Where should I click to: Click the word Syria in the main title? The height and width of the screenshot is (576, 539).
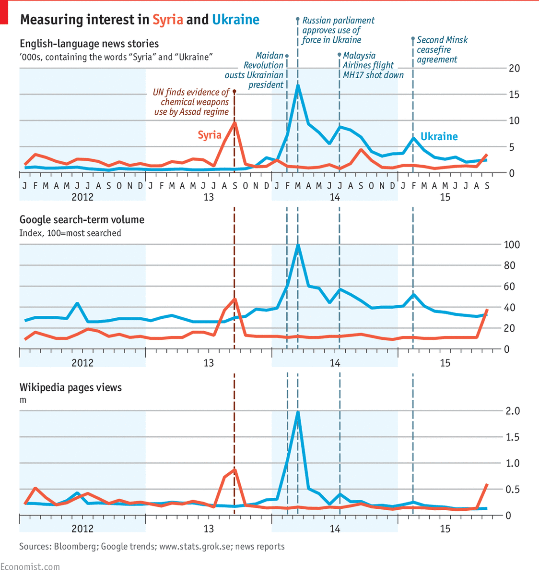[x=168, y=20]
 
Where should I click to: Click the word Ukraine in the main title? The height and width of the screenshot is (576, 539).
[x=235, y=20]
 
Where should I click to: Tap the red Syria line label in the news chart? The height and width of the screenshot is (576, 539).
[x=210, y=135]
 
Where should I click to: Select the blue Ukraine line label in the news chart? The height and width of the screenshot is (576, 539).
[x=439, y=137]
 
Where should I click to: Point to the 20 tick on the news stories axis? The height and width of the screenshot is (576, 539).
[x=514, y=68]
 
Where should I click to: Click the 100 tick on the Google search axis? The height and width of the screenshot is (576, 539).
[x=512, y=245]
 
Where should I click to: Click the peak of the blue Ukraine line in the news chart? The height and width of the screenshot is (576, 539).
[x=298, y=85]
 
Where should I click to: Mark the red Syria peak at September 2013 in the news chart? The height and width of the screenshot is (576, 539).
[x=234, y=123]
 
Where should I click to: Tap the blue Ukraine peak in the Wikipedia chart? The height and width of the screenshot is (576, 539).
[x=298, y=412]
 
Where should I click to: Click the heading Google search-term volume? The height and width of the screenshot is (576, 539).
[x=82, y=220]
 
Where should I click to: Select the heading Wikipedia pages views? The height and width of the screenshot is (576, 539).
[x=70, y=387]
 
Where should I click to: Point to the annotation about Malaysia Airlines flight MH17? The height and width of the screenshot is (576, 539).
[x=373, y=65]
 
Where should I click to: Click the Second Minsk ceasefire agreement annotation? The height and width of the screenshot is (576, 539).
[x=441, y=50]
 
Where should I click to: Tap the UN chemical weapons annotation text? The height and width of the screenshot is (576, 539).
[x=192, y=102]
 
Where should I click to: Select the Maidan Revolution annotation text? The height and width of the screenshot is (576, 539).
[x=256, y=70]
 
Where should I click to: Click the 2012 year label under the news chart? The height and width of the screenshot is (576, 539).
[x=82, y=197]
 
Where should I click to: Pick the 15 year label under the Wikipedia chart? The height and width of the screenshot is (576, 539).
[x=445, y=529]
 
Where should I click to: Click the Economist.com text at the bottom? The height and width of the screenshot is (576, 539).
[x=30, y=567]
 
